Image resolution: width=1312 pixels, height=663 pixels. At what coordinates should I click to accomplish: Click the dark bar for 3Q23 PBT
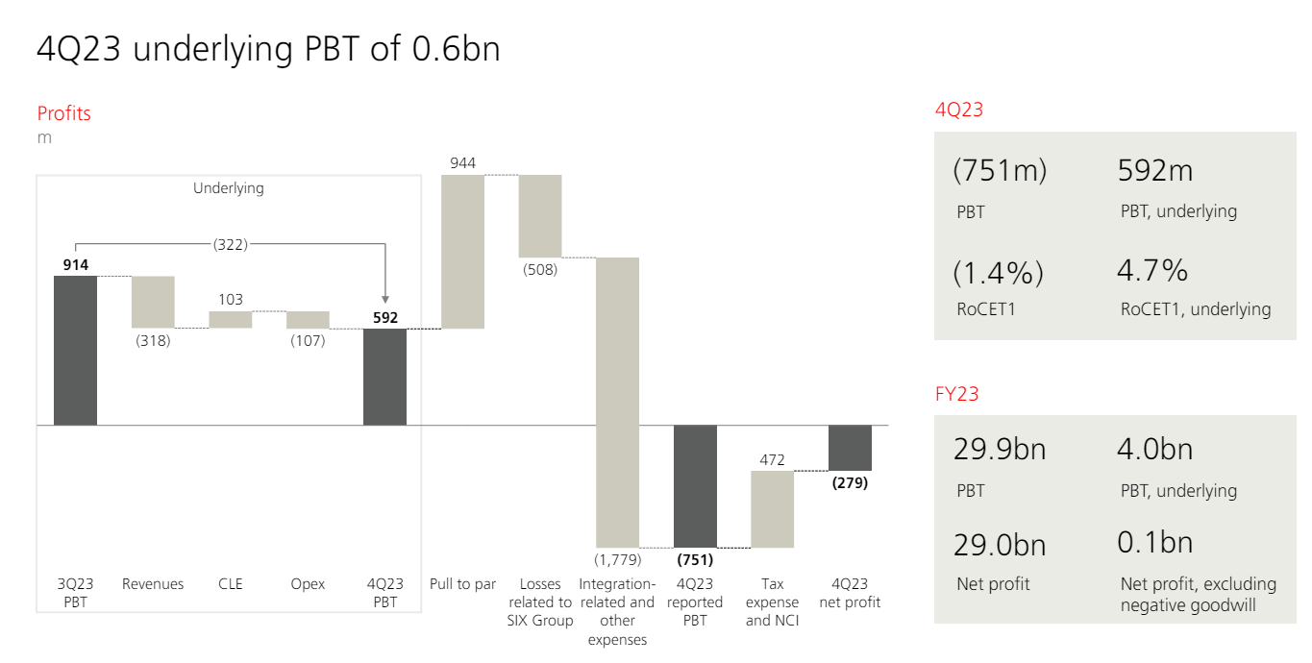point(75,350)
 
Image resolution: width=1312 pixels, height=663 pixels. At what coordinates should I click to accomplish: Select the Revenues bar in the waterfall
point(153,302)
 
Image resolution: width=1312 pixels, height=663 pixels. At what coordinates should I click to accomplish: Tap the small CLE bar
point(231,319)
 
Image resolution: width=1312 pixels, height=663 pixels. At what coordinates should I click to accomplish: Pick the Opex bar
point(308,319)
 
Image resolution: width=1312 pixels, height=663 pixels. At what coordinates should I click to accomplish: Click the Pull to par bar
point(462,252)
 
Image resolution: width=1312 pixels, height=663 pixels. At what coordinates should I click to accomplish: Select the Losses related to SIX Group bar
point(540,216)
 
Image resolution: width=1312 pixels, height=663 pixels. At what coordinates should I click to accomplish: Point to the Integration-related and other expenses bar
point(617,402)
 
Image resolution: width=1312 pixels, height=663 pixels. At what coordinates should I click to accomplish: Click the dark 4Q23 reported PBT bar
point(695,485)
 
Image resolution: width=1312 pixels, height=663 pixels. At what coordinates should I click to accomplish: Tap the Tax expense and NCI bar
point(772,509)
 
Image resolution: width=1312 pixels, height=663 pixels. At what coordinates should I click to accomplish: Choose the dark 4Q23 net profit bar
point(850,447)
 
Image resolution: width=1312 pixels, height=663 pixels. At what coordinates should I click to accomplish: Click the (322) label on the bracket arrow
point(231,244)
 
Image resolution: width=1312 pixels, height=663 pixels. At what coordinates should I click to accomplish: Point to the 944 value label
point(462,163)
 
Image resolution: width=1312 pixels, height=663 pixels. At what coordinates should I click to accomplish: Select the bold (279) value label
point(850,482)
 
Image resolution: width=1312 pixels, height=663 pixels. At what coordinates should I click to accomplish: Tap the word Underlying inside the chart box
point(229,188)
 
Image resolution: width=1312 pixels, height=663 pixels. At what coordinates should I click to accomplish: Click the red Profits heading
point(64,113)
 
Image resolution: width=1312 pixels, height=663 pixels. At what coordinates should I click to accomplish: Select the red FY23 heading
point(956,393)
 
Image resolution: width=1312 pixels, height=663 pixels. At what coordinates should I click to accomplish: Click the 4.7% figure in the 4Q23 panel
point(1152,272)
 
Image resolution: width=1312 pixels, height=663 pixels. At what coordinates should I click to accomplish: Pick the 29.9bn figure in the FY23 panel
point(1000,449)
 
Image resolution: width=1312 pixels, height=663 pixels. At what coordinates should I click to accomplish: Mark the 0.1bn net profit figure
point(1154,543)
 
